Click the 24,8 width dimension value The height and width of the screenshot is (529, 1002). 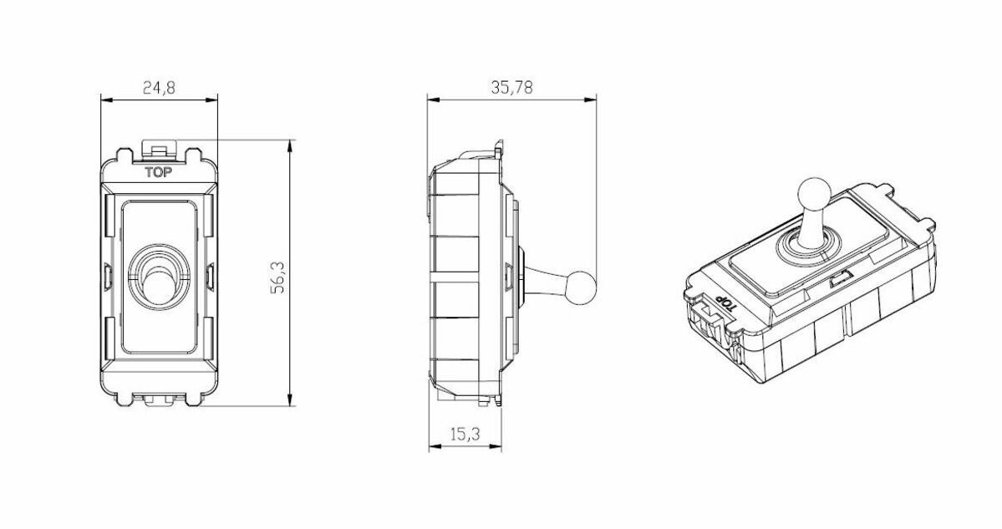pyautogui.click(x=159, y=87)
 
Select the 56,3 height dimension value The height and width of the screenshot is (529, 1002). pyautogui.click(x=278, y=277)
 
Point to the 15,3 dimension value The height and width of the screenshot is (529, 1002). pyautogui.click(x=465, y=435)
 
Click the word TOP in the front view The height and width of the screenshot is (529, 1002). pyautogui.click(x=159, y=173)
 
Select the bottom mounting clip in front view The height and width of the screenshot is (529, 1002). pyautogui.click(x=159, y=402)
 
